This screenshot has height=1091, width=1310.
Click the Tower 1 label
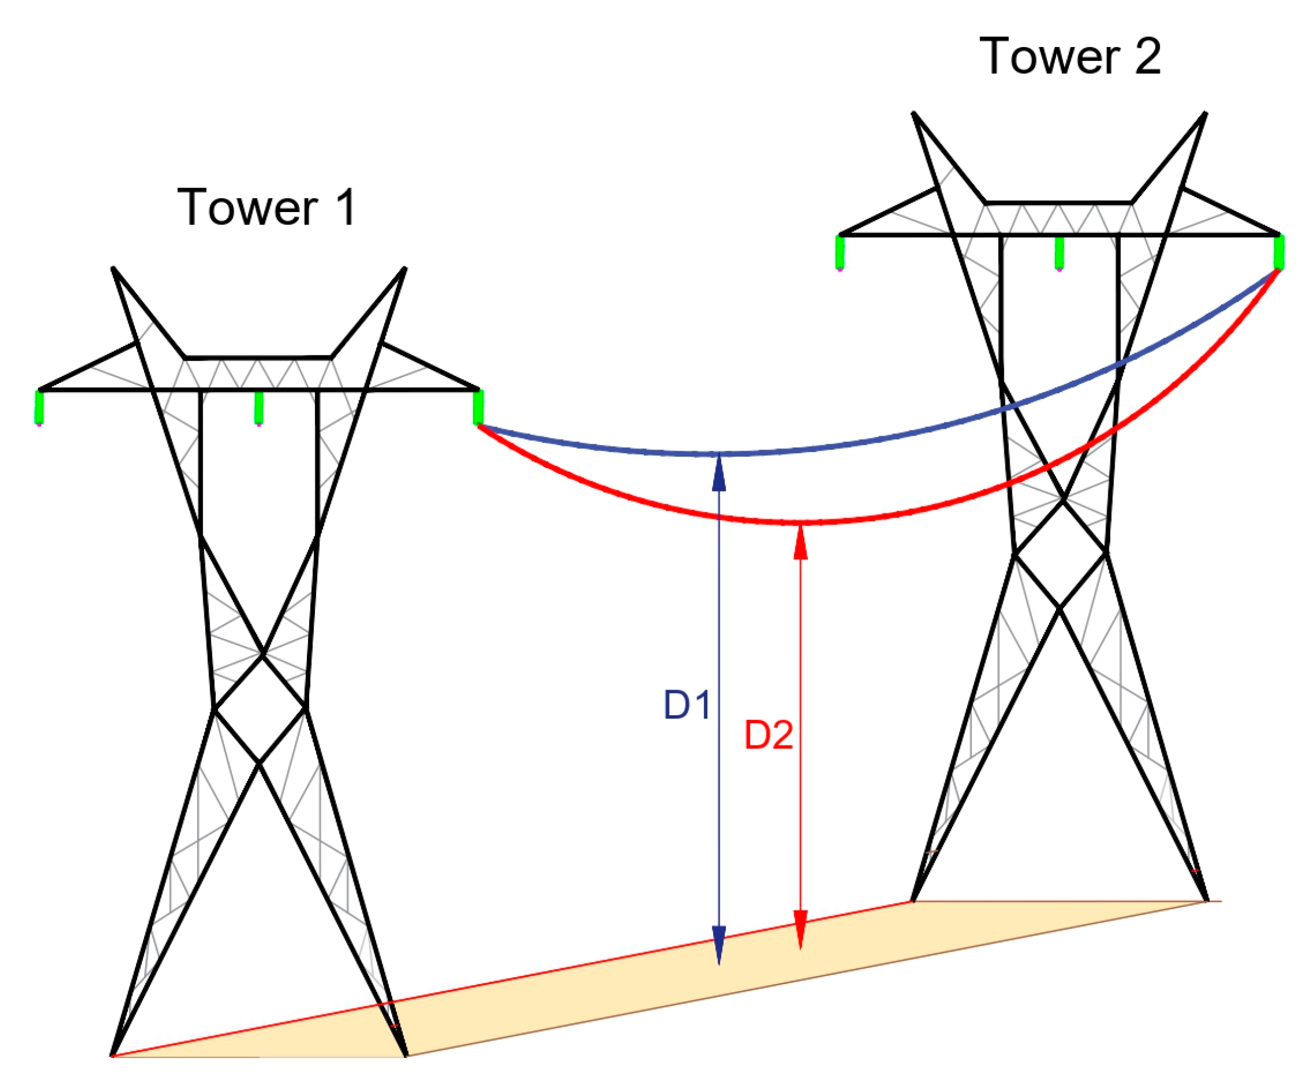(267, 207)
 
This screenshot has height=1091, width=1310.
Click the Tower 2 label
(1071, 56)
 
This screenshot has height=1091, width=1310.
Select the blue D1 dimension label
(687, 705)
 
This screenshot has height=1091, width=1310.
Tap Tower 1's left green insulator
(40, 408)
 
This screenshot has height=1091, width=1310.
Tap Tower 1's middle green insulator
(259, 408)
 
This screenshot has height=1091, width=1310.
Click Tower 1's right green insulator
(478, 408)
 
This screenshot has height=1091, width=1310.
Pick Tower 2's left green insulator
(840, 253)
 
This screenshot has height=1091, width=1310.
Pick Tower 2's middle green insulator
(1060, 253)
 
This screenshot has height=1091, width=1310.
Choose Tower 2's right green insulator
(1278, 253)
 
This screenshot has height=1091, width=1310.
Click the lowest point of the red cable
(800, 522)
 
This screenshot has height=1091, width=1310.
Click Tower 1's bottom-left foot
(113, 1055)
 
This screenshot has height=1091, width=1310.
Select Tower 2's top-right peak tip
(1205, 113)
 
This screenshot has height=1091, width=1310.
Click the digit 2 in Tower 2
(1147, 56)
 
